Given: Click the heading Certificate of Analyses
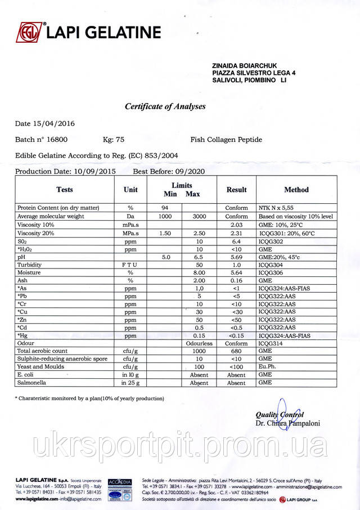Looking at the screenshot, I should click(165, 106).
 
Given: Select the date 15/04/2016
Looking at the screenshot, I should click(55, 123).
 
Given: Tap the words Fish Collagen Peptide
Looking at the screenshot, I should click(226, 140).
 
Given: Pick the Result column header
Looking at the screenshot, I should click(236, 190).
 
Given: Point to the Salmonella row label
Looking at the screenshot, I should click(33, 383).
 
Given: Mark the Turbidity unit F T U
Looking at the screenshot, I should click(130, 264).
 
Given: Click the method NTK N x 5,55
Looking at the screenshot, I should click(276, 208).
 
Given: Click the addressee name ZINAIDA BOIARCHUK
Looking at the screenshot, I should click(245, 65).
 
